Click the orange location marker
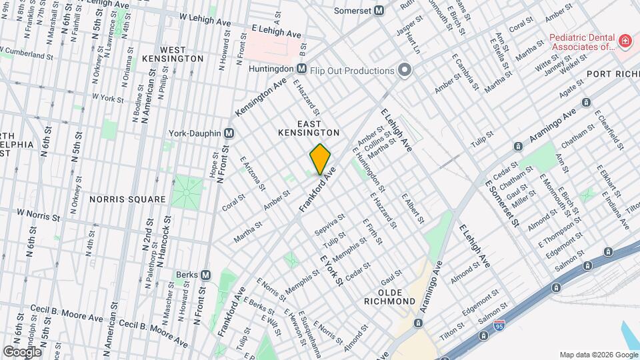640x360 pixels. click(321, 159)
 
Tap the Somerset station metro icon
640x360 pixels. click(379, 11)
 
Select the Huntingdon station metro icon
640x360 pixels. click(301, 69)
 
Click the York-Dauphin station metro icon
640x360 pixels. click(229, 133)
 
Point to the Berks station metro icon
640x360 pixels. click(205, 275)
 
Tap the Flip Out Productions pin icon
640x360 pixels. click(404, 70)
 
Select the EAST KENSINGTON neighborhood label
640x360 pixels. click(309, 129)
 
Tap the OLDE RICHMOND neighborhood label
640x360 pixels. click(397, 297)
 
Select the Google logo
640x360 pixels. click(22, 351)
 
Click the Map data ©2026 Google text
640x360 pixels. click(598, 354)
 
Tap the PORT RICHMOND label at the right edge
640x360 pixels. click(613, 75)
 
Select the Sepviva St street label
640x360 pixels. click(331, 221)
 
